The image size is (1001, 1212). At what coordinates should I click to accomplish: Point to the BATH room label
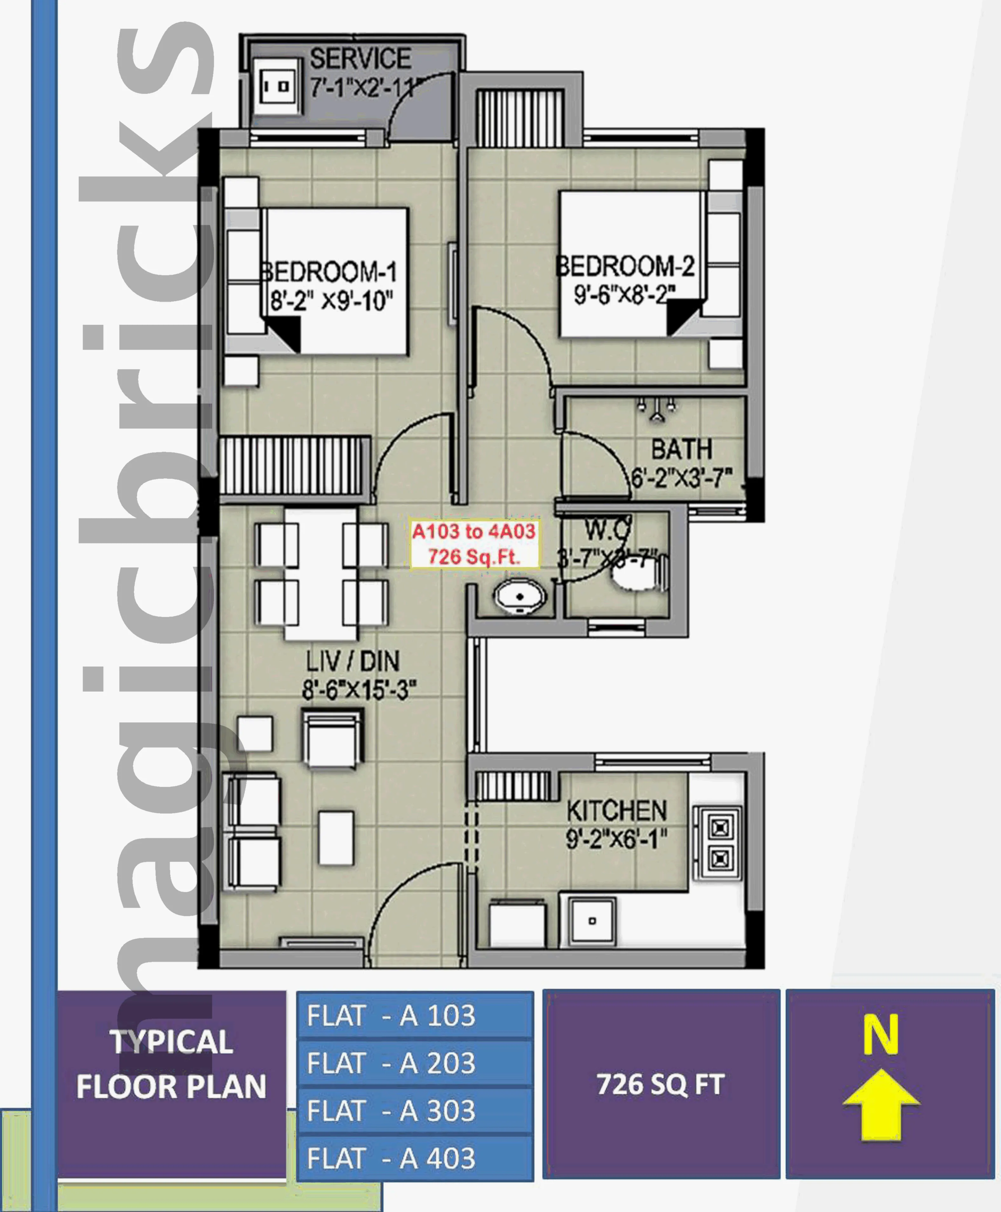pos(682,449)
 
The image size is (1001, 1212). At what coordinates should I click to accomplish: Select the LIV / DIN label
pos(352,661)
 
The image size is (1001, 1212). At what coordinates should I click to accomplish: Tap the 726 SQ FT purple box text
pos(660,1084)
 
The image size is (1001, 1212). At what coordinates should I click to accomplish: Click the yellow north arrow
pos(881,1104)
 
